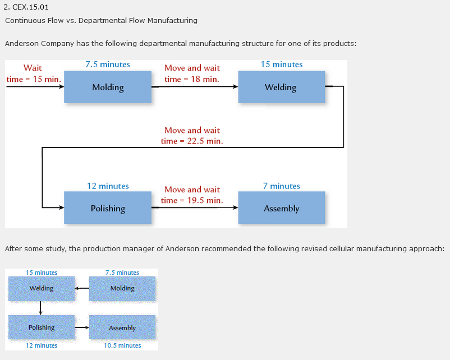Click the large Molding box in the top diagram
pyautogui.click(x=108, y=87)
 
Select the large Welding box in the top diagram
pyautogui.click(x=281, y=87)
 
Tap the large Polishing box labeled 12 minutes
pyautogui.click(x=108, y=208)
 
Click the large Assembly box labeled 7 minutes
pyautogui.click(x=281, y=208)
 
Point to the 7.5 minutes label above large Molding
pyautogui.click(x=108, y=64)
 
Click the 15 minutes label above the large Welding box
pyautogui.click(x=281, y=64)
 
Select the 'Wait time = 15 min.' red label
pyautogui.click(x=33, y=73)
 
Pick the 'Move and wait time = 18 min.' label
pyautogui.click(x=192, y=73)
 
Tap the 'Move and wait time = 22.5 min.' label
pyautogui.click(x=192, y=136)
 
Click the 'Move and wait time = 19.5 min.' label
pyautogui.click(x=192, y=195)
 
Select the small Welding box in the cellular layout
pyautogui.click(x=41, y=288)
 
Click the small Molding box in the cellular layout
pyautogui.click(x=122, y=288)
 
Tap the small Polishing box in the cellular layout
pyautogui.click(x=41, y=327)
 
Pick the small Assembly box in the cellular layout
pyautogui.click(x=122, y=327)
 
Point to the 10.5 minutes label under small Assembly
pyautogui.click(x=122, y=345)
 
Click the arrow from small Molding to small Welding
pyautogui.click(x=82, y=289)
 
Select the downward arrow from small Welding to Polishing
pyautogui.click(x=41, y=308)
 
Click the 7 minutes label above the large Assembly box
pyautogui.click(x=281, y=186)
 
